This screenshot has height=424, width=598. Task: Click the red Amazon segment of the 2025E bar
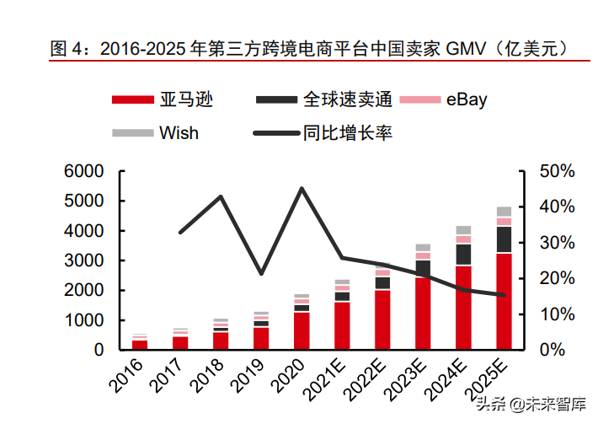click(x=504, y=301)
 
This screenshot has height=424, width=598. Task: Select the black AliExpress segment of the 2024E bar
click(x=463, y=255)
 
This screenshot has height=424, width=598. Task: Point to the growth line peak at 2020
click(x=302, y=188)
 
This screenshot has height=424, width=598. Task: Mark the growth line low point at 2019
click(x=261, y=274)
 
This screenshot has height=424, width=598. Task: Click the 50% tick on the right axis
click(x=557, y=171)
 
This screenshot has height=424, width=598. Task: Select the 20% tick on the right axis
click(x=557, y=278)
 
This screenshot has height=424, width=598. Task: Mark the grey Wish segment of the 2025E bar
click(x=504, y=212)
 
